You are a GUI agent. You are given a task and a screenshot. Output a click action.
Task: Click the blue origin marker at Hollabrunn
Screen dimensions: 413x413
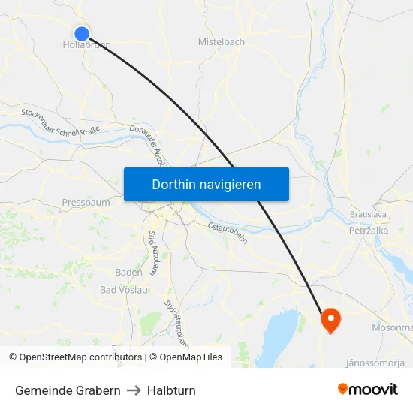click(x=82, y=33)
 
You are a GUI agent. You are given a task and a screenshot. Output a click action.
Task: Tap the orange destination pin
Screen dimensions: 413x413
click(x=330, y=321)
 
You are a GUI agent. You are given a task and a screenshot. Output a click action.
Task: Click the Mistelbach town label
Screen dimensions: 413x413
click(x=221, y=42)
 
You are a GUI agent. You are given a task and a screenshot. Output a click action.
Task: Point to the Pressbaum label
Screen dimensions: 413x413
click(x=86, y=203)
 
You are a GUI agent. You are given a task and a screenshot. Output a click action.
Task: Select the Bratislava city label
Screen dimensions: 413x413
click(x=368, y=215)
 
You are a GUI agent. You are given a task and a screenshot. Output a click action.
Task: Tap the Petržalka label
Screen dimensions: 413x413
click(x=368, y=231)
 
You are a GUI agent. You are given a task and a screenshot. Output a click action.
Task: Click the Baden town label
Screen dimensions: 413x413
click(x=128, y=273)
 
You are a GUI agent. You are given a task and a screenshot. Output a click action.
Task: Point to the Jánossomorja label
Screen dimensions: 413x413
click(x=375, y=363)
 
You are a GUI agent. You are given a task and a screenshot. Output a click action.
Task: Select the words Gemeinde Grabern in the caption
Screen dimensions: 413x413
click(x=68, y=390)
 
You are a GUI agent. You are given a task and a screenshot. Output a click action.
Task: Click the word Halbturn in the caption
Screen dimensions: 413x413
click(x=171, y=390)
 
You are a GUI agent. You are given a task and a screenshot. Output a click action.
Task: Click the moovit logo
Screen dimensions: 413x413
click(x=368, y=389)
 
